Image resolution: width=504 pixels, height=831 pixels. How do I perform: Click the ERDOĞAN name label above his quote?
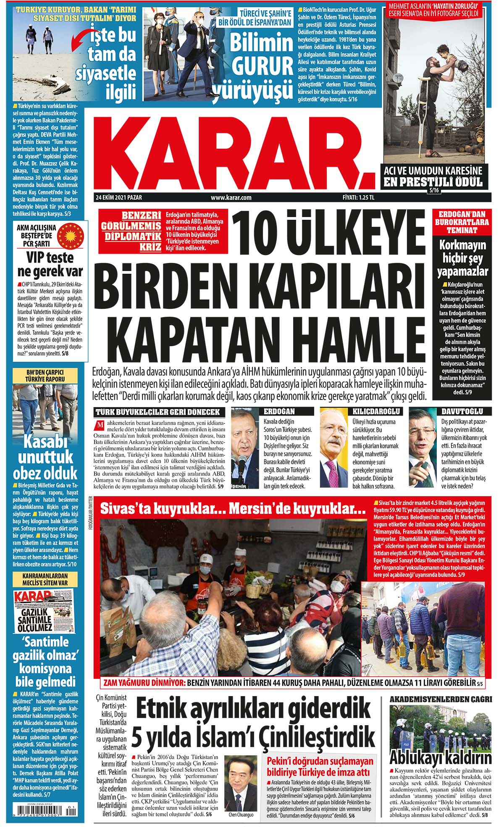[280, 411]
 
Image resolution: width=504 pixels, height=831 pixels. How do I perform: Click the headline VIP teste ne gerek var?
[50, 264]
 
